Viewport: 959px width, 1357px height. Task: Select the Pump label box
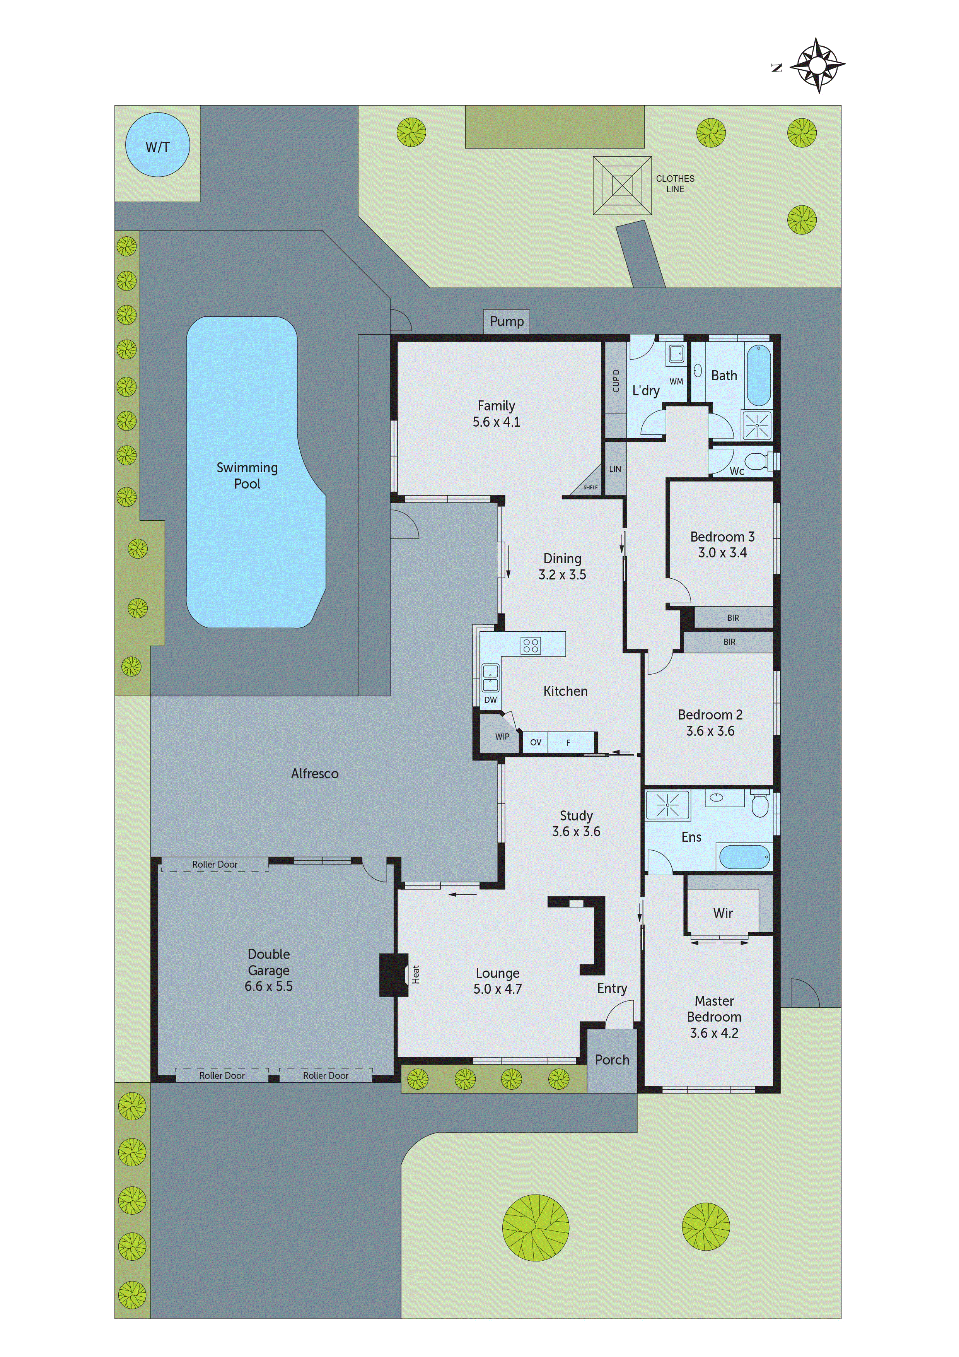point(507,321)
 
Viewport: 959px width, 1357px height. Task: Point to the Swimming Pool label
point(247,475)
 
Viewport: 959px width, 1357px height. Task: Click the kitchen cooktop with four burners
point(530,645)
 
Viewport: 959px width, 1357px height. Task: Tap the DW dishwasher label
point(490,700)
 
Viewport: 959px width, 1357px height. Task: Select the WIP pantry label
point(502,737)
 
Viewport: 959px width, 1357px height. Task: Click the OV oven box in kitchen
point(535,742)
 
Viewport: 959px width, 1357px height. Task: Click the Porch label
point(612,1060)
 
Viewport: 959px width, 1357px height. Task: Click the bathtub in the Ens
point(744,856)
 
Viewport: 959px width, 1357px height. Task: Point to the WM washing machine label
point(676,382)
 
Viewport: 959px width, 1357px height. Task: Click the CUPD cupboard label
point(616,381)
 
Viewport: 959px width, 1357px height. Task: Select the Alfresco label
point(314,774)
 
